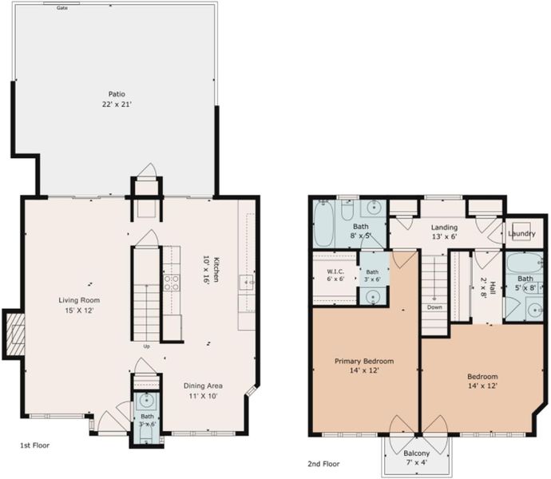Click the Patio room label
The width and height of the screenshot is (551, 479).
point(117,94)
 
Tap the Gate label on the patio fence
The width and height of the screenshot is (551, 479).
point(62,8)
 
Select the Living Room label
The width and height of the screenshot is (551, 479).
point(79,300)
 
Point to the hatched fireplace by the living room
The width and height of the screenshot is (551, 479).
point(14,334)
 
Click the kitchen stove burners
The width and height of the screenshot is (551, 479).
point(172,283)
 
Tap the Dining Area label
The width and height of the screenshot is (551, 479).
point(203,386)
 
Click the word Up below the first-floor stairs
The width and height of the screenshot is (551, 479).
point(147,346)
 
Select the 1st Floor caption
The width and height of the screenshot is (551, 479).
point(34,445)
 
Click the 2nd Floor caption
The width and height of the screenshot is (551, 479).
point(323,464)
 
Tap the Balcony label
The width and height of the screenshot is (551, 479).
point(416,453)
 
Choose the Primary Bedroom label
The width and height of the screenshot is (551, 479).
point(364,362)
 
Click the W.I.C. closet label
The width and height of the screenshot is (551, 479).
point(335,271)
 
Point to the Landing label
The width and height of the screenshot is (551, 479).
point(444,228)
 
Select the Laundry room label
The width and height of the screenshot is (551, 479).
point(521,234)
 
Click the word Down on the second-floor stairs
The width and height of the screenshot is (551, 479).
point(434,307)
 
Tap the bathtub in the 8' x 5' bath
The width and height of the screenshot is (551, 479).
point(323,224)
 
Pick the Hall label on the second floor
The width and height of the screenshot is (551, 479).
point(493,288)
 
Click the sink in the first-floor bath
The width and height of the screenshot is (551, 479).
point(146,401)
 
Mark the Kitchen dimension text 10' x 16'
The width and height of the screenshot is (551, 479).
point(206,270)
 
